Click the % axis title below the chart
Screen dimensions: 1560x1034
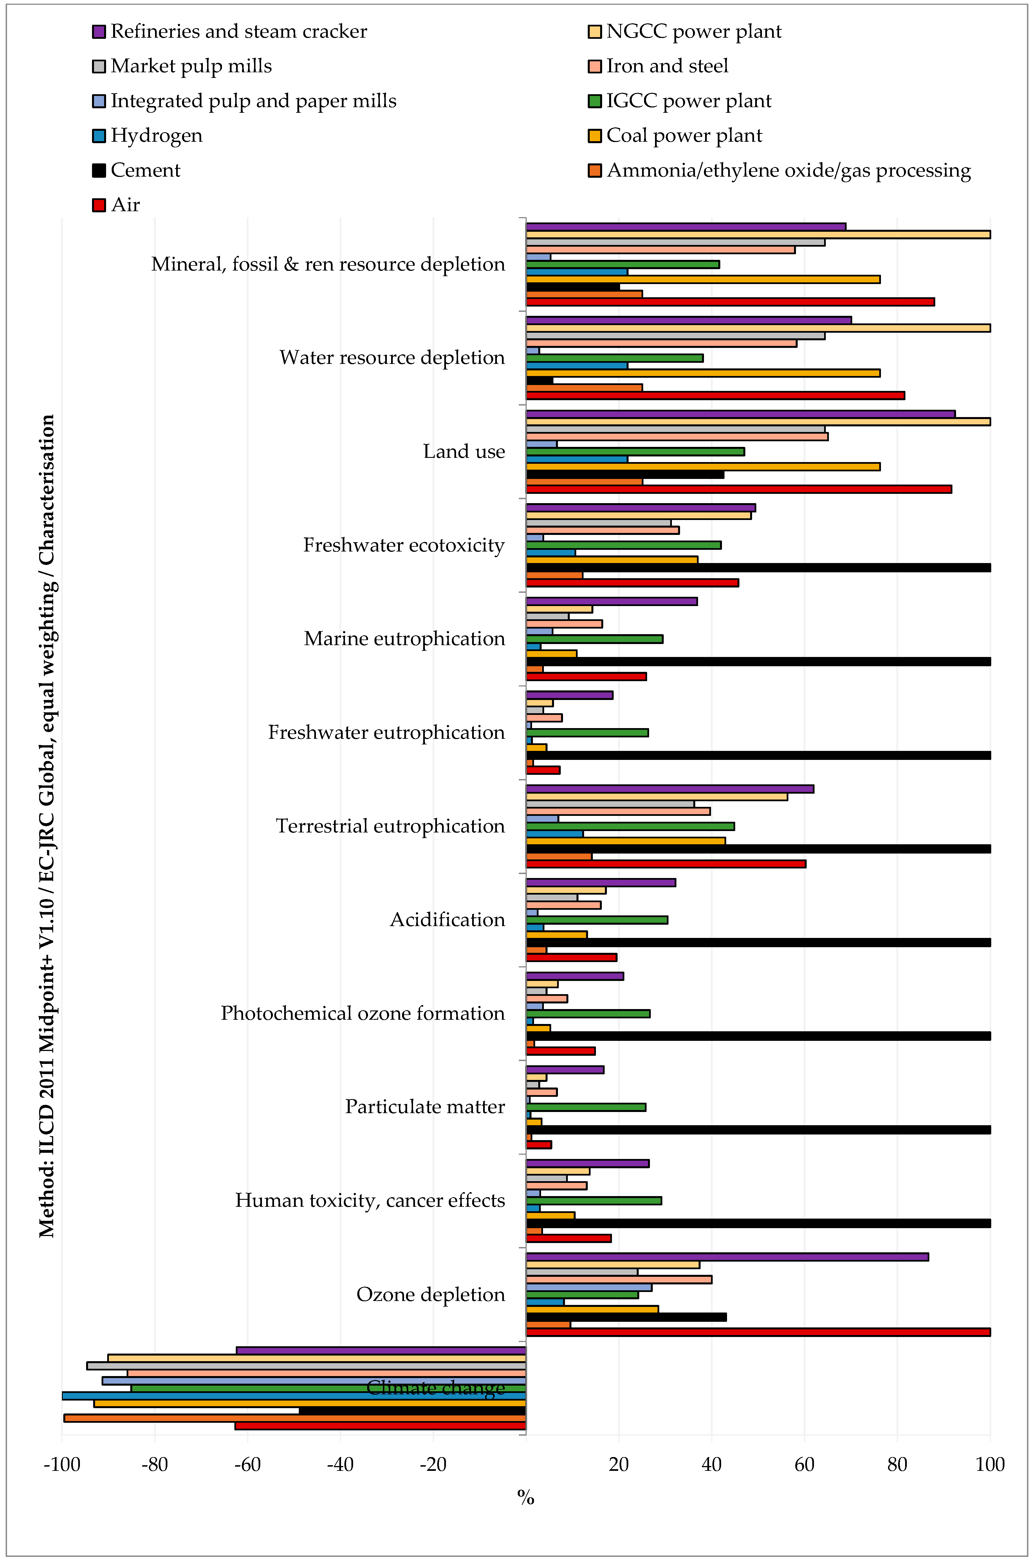click(526, 1497)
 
